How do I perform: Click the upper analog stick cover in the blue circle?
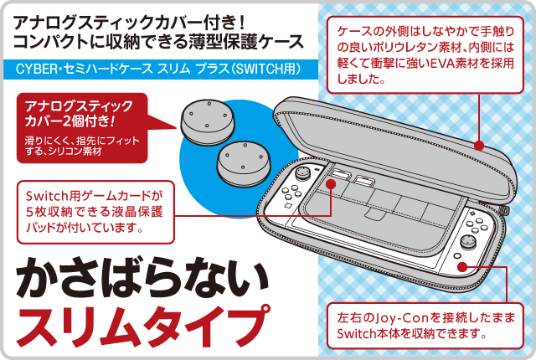tap(208, 122)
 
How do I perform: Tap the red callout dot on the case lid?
tap(479, 146)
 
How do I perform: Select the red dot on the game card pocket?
tap(331, 184)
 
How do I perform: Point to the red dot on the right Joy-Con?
tap(462, 267)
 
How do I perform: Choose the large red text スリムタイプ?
tap(142, 326)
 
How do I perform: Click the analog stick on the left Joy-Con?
tap(301, 173)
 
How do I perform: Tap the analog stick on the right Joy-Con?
tap(467, 242)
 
